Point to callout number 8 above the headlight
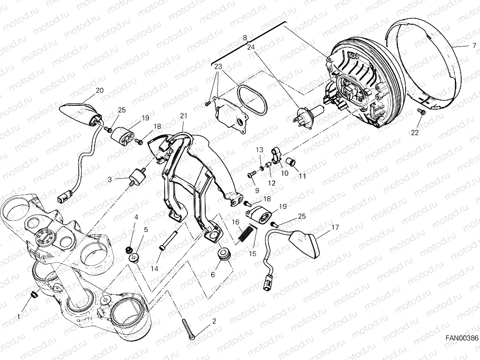tap(245, 37)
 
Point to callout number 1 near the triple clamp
tap(19, 317)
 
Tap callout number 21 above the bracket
tap(183, 115)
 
